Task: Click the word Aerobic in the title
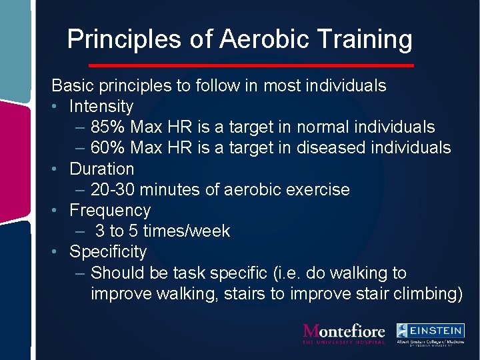pyautogui.click(x=263, y=39)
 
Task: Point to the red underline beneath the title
pyautogui.click(x=251, y=65)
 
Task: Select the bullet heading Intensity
pyautogui.click(x=101, y=106)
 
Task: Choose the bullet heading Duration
pyautogui.click(x=102, y=169)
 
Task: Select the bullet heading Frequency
pyautogui.click(x=110, y=210)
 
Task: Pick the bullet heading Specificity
pyautogui.click(x=108, y=251)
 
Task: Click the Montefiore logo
pyautogui.click(x=344, y=333)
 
